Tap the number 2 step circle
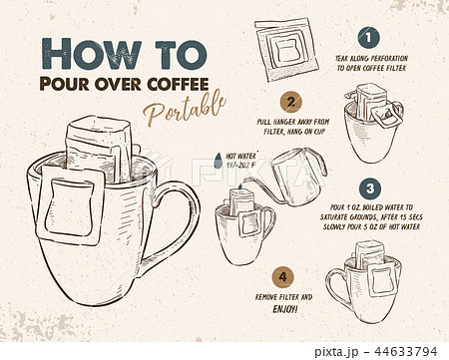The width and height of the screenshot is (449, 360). pos(290,102)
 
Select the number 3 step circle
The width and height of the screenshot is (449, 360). pos(369,187)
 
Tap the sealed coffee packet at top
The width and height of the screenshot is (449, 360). pos(285,44)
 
